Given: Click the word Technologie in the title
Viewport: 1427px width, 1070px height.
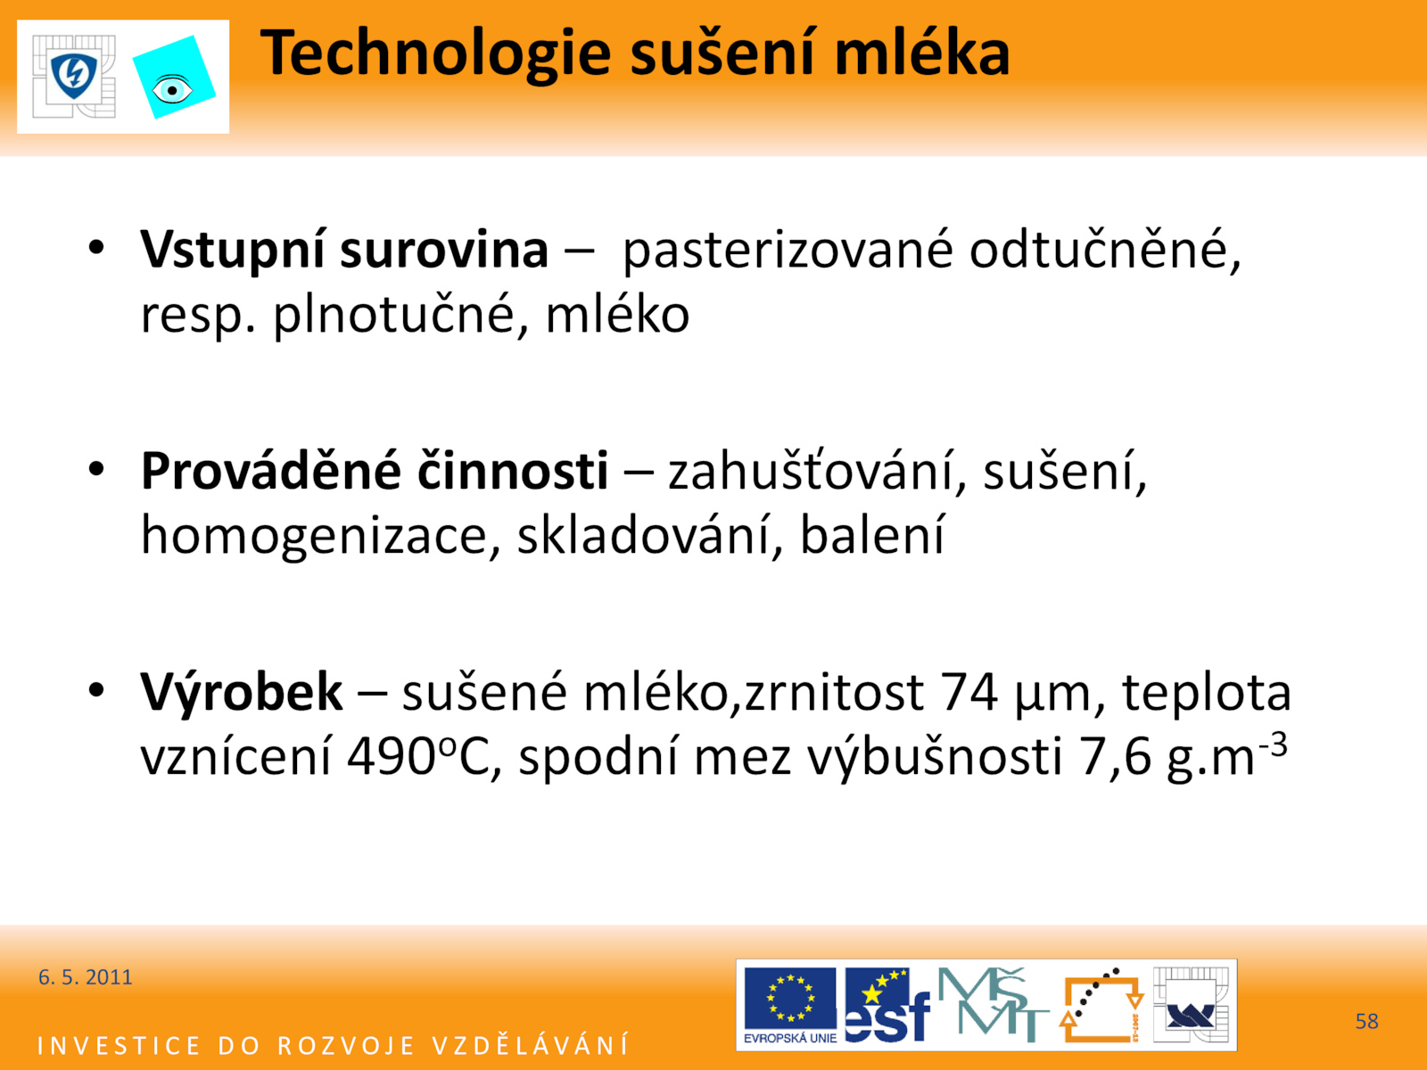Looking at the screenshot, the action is pos(435,54).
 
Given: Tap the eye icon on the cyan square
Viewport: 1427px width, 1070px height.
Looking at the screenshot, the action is pos(171,90).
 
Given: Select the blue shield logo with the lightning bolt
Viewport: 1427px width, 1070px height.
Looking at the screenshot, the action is pos(73,76).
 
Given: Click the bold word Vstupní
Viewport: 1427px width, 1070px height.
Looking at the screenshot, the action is pos(235,251).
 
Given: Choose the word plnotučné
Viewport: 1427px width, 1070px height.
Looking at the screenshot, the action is pos(392,315).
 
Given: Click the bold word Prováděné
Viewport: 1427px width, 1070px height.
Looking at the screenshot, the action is pos(271,471).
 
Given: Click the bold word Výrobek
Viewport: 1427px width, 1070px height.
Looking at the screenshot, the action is pos(241,693).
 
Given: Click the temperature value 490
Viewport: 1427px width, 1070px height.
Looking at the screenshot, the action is pos(392,758).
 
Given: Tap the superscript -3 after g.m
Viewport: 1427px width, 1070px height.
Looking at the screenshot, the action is pos(1273,745).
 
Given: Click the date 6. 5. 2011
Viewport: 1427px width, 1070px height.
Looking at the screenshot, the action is pos(85,977).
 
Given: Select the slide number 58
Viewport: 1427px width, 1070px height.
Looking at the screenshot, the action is pos(1366,1021).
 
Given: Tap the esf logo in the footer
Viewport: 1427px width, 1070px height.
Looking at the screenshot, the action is pos(887,1006).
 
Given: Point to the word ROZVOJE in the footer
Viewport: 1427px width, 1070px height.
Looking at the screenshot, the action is pos(346,1046).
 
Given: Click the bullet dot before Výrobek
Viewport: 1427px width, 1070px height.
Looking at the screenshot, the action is pos(96,690).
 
